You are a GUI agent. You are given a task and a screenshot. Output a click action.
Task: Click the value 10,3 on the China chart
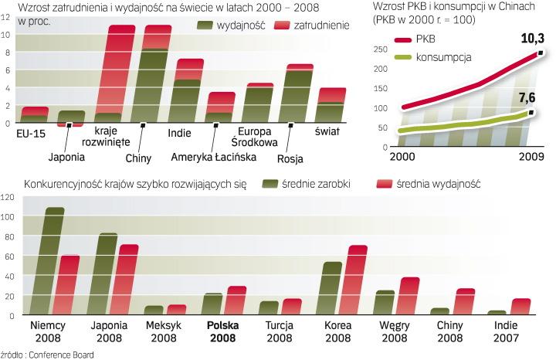coord(533,39)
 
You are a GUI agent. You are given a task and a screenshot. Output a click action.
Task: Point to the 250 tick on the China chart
coord(379,49)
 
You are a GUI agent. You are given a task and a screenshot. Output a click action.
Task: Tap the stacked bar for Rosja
coord(299,93)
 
